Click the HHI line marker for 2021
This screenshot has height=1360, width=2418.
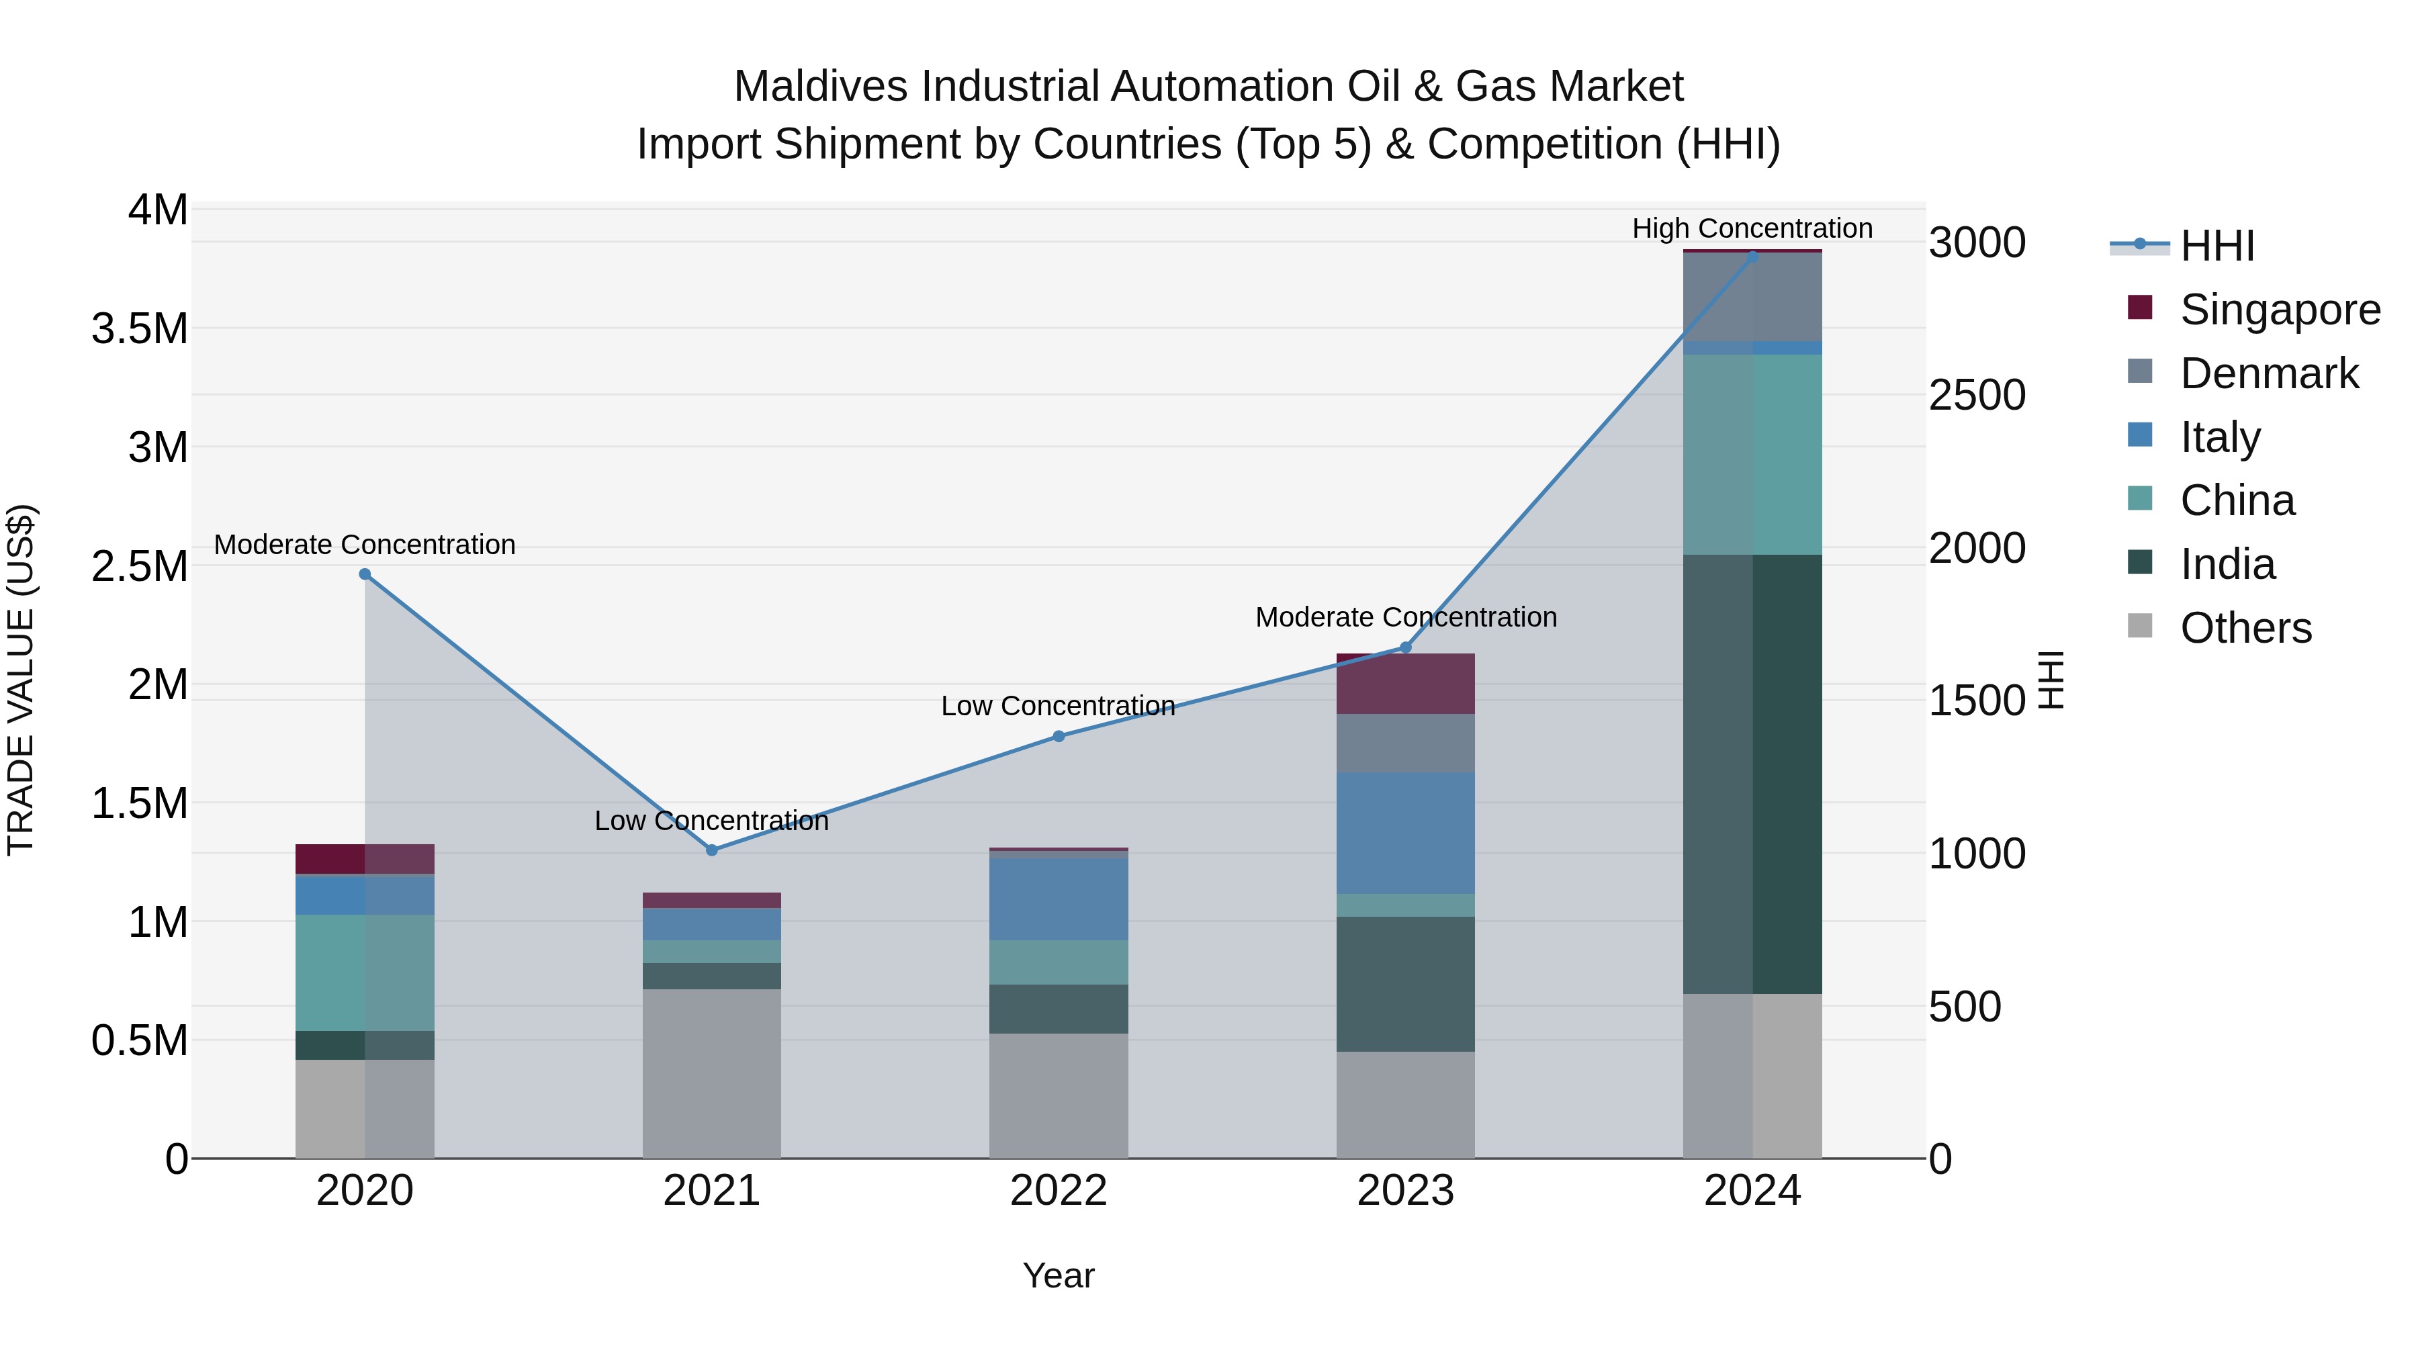coord(711,850)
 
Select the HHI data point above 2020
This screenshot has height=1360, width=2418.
coord(365,574)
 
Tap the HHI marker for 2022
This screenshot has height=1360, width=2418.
coord(1059,737)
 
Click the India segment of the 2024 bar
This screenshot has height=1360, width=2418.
coord(1752,774)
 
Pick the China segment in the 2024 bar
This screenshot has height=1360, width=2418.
coord(1752,455)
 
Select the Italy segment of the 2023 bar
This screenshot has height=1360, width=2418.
coord(1405,833)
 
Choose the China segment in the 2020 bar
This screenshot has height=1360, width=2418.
coord(365,972)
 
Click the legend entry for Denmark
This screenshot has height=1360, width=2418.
coord(2269,373)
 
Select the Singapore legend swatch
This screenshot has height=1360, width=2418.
coord(2140,308)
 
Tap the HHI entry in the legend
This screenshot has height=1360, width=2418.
coord(2216,246)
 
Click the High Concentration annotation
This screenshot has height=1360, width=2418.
coord(1752,229)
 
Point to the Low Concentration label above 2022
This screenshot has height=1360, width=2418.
coord(1058,706)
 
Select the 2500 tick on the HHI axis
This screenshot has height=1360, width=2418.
coord(1977,395)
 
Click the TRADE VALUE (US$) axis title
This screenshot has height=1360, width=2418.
coord(21,680)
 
